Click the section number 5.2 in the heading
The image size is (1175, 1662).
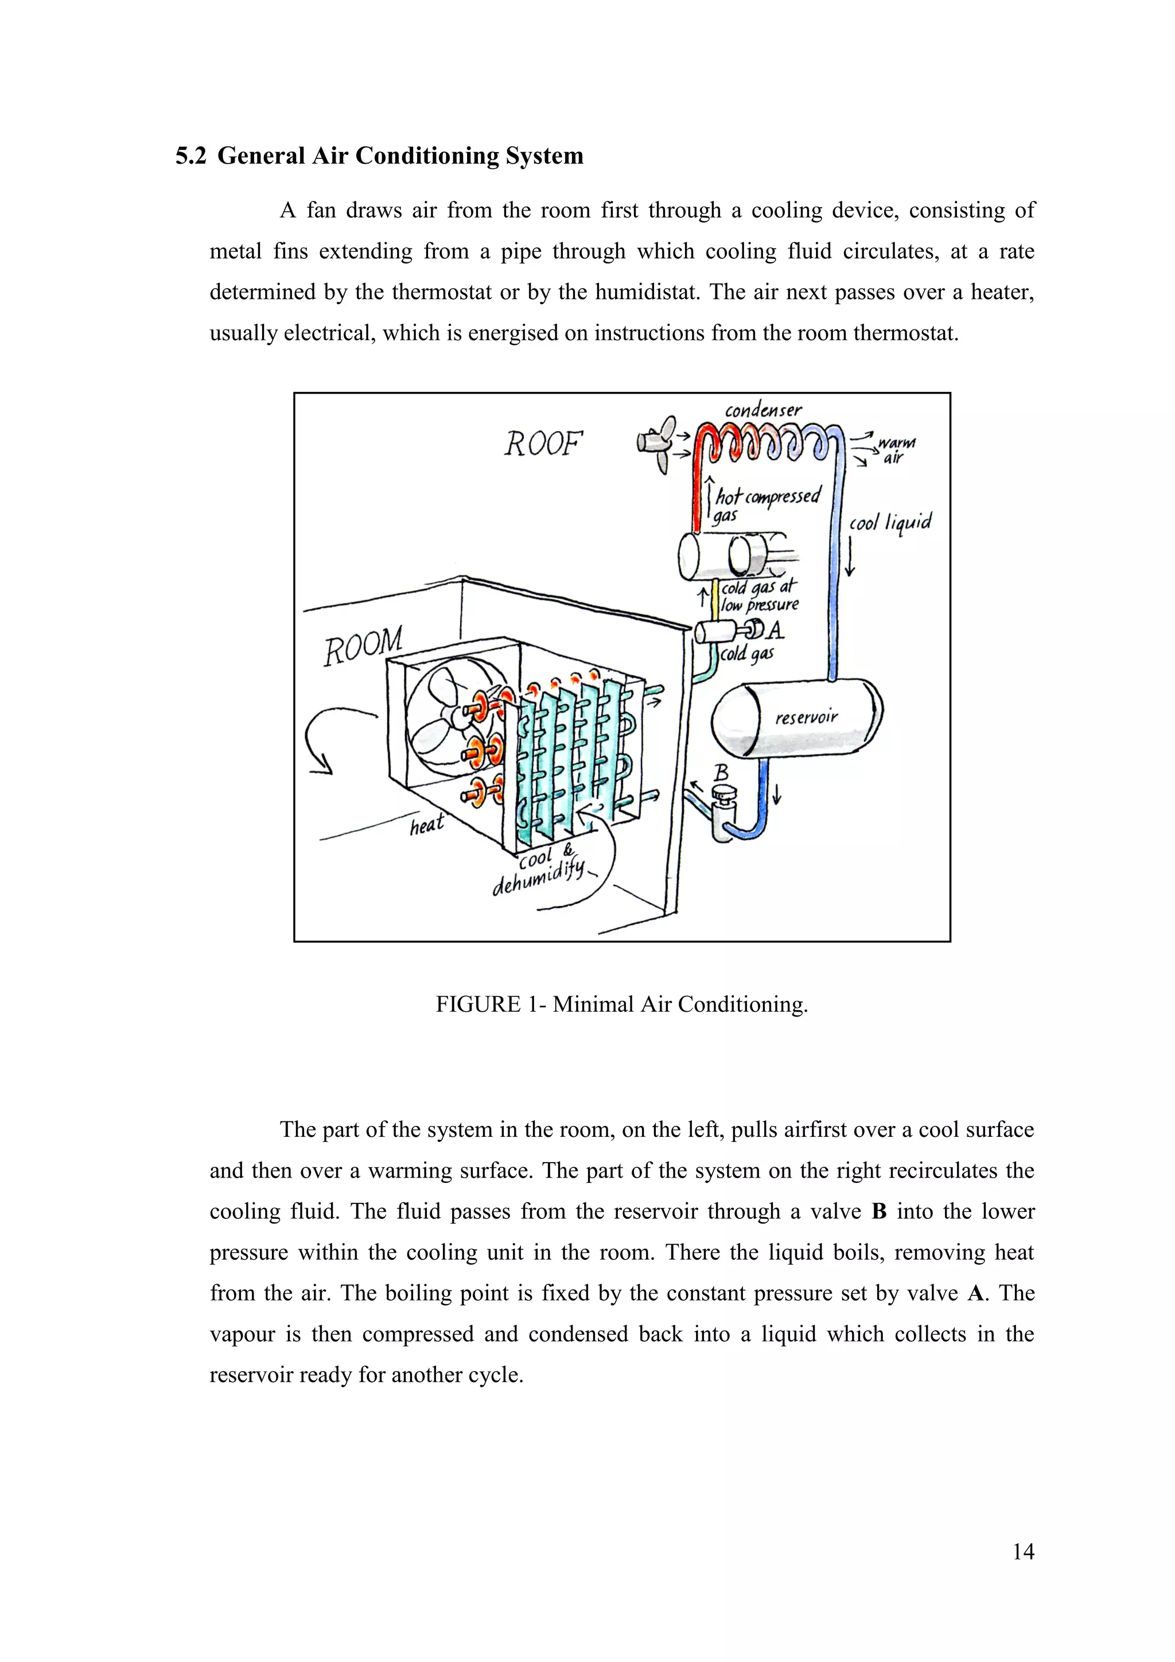coord(191,156)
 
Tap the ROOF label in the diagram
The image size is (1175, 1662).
coord(543,444)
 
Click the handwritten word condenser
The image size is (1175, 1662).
coord(763,410)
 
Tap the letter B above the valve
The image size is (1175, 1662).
coord(721,774)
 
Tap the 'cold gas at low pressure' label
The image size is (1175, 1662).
coord(760,596)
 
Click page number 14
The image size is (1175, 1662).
coord(1023,1551)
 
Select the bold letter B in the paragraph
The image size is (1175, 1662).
coord(879,1211)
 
